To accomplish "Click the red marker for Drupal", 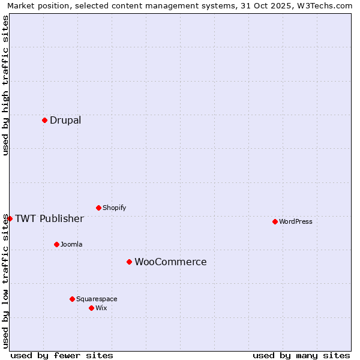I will click(44, 120).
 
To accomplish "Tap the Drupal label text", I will click(65, 120).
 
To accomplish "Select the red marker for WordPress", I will click(275, 221).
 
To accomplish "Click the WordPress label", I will click(296, 221).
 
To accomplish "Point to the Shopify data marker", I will click(98, 208).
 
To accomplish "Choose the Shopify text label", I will click(115, 208).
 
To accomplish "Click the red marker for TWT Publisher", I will click(10, 218).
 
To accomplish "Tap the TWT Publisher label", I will click(49, 218).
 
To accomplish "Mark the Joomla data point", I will click(56, 244).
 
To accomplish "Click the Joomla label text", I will click(71, 244).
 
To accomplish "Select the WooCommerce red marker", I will click(129, 262).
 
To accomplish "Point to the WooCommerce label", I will click(170, 262).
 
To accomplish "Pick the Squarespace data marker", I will click(72, 299).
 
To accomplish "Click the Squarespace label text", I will click(97, 299).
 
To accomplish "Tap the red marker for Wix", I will click(91, 308).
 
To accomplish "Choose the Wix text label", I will click(101, 308).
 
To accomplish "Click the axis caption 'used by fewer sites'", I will click(62, 355).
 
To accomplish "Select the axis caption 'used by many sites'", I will click(301, 355).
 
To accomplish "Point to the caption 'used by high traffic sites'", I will click(5, 85).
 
